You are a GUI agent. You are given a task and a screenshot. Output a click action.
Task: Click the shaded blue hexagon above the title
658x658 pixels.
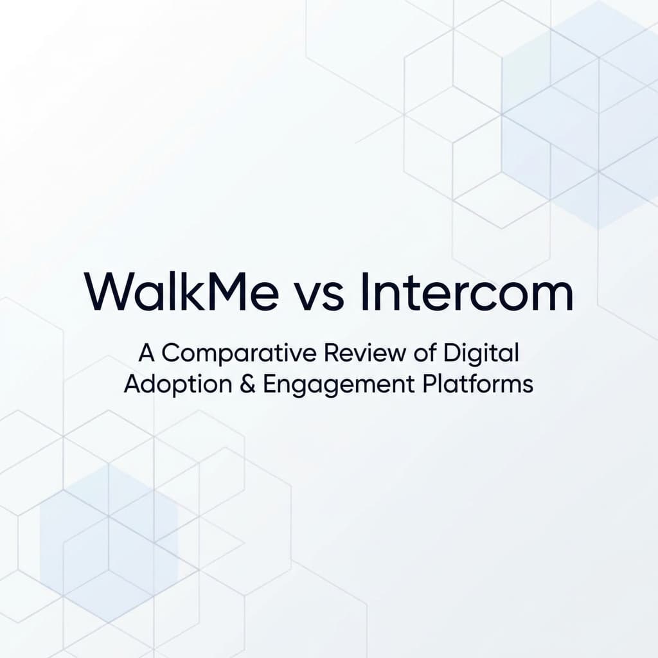point(582,116)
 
